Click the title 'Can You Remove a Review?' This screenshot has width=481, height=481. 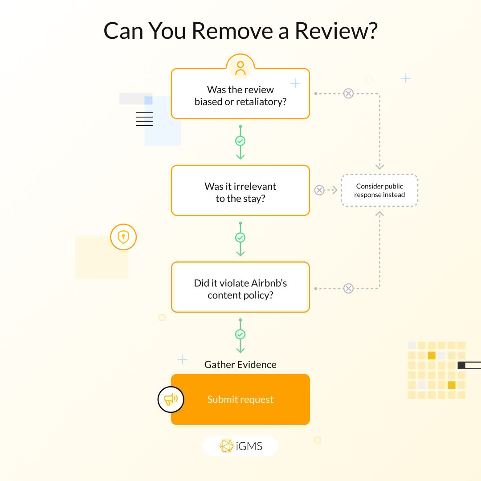(x=240, y=31)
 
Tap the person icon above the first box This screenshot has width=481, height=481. (x=240, y=68)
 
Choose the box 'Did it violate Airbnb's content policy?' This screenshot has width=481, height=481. (x=240, y=288)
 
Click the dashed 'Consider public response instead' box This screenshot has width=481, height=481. (x=379, y=191)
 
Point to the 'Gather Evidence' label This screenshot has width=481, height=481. (x=240, y=365)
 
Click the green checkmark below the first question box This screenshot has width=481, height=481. (x=240, y=141)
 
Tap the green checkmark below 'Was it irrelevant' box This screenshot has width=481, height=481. (x=240, y=238)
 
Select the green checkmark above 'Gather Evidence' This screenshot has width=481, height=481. (x=240, y=334)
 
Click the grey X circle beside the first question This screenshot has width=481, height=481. (x=348, y=94)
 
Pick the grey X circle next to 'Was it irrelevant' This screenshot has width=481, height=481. (x=319, y=191)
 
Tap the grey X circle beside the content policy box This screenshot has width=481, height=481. (x=348, y=289)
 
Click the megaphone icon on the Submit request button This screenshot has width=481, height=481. (x=171, y=399)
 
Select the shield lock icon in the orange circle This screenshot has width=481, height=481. (x=123, y=237)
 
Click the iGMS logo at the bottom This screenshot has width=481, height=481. (x=240, y=446)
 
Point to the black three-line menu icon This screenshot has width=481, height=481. (x=144, y=119)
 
